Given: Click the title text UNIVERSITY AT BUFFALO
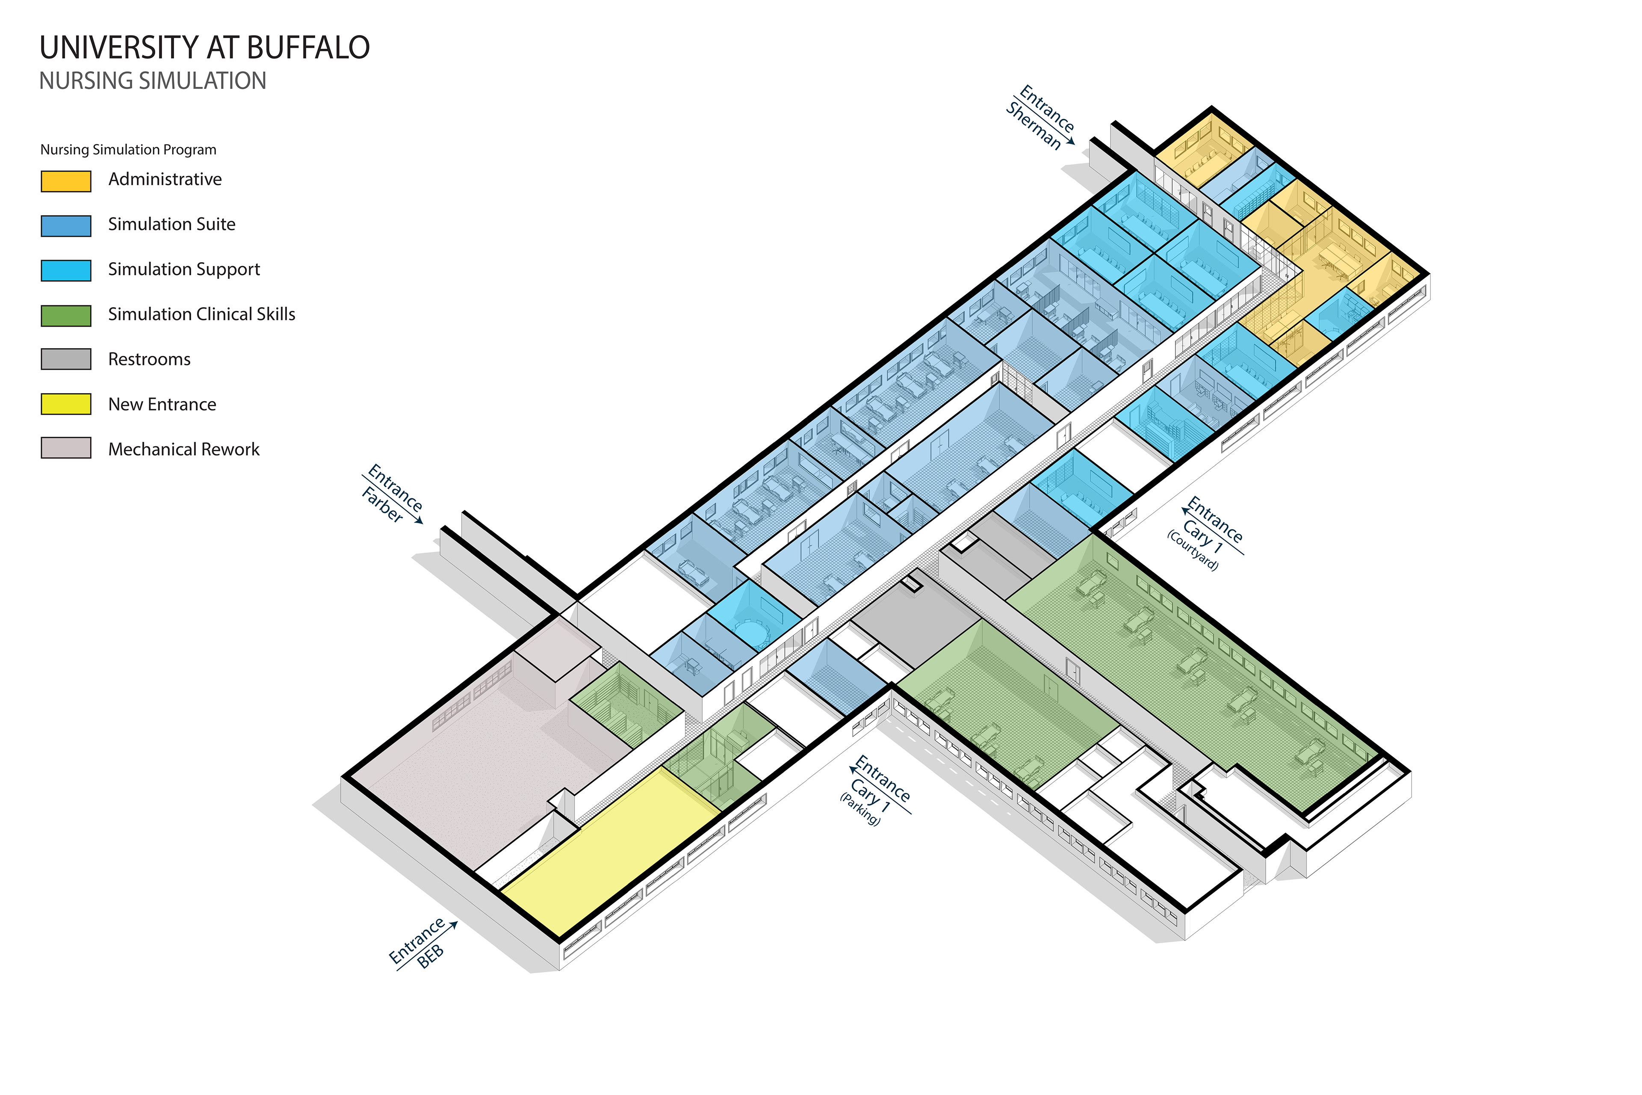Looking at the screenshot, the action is (x=204, y=47).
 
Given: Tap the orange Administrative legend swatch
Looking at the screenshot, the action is (x=65, y=181).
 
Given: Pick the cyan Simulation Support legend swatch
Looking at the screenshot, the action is (x=65, y=270).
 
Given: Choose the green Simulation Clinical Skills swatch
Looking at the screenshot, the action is (x=65, y=316).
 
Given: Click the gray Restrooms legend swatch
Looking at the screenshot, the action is (x=65, y=359).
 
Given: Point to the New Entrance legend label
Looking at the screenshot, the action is (x=162, y=404).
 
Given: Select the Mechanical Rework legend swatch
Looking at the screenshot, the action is (x=65, y=448).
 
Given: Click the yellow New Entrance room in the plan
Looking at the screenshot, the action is (x=607, y=845).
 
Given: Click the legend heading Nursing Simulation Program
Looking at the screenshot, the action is (x=128, y=149).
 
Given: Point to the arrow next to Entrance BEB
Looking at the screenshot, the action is (x=451, y=925).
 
